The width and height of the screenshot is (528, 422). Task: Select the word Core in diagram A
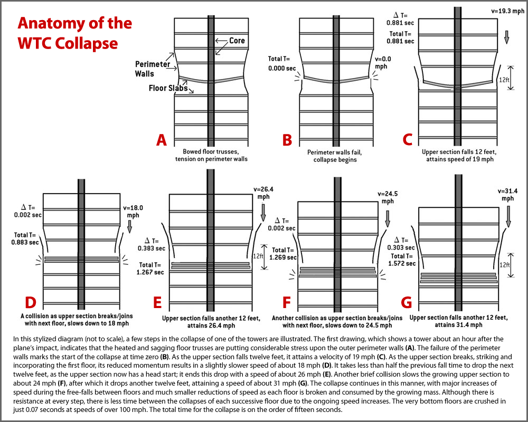tap(238, 41)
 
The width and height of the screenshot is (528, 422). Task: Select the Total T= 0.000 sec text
tap(281, 63)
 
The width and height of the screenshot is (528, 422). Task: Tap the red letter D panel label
tap(31, 303)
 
